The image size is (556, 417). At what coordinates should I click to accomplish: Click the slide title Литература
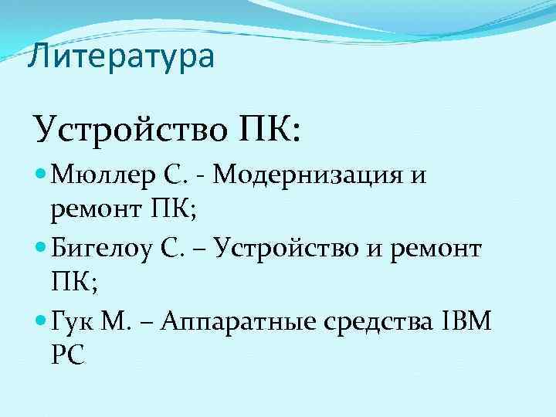(120, 57)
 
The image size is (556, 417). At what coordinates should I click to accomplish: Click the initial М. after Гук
(117, 321)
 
